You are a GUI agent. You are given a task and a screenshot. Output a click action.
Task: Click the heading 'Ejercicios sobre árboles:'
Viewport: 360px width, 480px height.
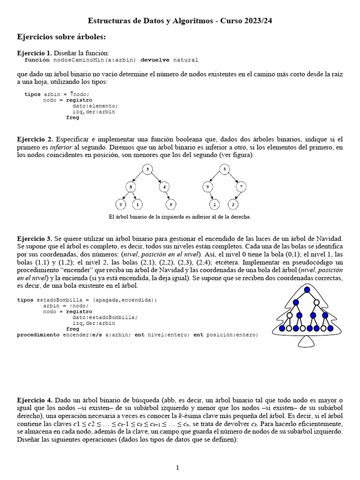pos(61,36)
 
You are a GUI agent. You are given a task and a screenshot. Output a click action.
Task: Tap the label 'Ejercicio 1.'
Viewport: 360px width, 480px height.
pos(35,53)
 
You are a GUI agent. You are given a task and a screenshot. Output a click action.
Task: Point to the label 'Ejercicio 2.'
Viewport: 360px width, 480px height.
pos(35,140)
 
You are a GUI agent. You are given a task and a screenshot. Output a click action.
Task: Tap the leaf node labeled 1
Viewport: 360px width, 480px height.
pos(137,204)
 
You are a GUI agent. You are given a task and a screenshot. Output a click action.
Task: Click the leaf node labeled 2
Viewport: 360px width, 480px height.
pos(215,204)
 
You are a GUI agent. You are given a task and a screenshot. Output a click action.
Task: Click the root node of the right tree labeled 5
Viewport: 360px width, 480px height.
pos(225,169)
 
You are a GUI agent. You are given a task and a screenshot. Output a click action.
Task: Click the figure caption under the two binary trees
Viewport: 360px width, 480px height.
pos(180,217)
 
